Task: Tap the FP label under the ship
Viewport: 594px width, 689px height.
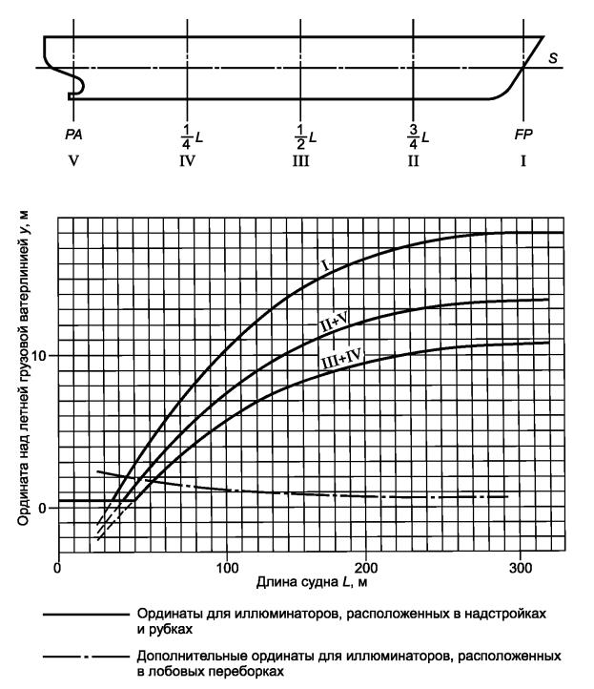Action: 522,136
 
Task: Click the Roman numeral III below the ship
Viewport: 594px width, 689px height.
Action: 301,160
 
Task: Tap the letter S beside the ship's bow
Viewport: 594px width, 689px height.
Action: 553,58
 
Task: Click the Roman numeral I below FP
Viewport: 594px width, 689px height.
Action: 522,160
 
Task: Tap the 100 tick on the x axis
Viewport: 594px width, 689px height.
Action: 227,569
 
